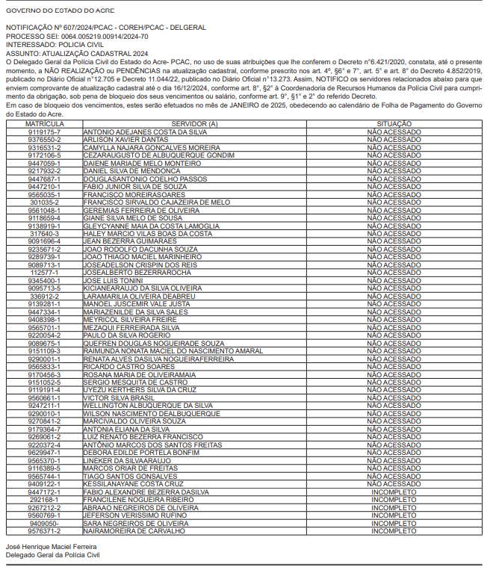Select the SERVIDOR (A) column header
[193, 123]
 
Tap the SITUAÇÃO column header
[394, 123]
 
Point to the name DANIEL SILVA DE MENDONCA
[131, 171]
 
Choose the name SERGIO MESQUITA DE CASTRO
[135, 382]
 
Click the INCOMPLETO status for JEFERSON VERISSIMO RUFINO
[394, 515]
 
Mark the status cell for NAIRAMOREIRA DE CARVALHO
[394, 530]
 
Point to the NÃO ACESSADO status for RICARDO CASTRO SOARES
[394, 366]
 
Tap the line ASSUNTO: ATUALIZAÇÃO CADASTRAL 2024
[77, 54]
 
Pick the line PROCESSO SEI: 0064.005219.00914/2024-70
[77, 36]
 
